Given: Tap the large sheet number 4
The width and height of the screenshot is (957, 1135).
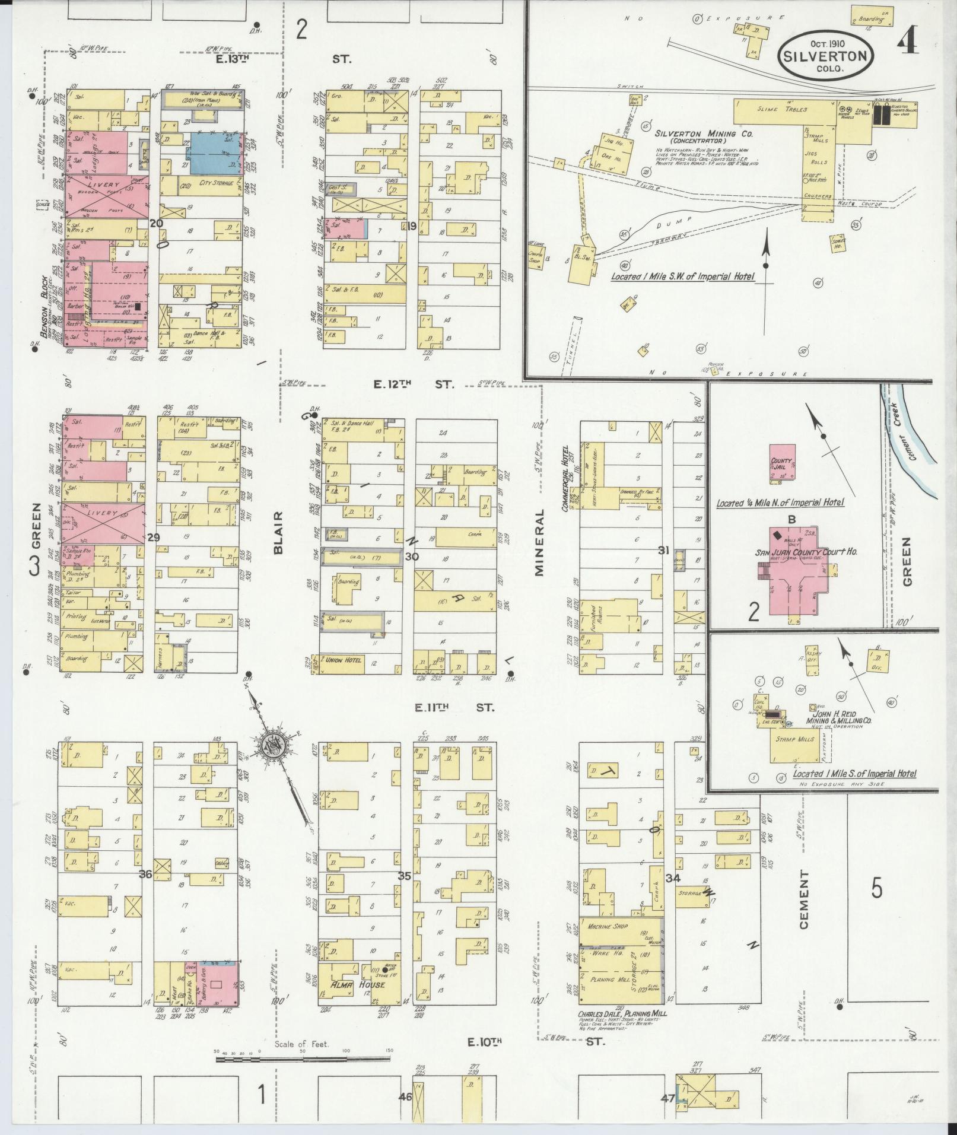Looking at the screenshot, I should coord(908,41).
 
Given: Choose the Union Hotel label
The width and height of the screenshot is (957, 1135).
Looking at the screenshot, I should coord(343,660).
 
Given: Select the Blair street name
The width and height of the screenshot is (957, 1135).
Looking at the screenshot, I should coord(279,533).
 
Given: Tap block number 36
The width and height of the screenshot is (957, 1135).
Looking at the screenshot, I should coord(146,874).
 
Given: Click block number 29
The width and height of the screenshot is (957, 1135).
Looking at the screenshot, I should coord(154,537).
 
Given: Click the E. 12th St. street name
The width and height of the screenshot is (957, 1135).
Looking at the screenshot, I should coord(414,384).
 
